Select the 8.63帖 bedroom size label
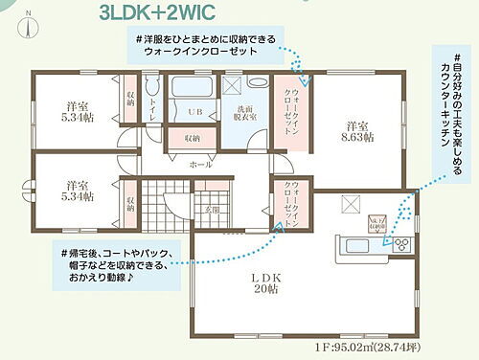358,131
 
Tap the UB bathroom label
194,113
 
